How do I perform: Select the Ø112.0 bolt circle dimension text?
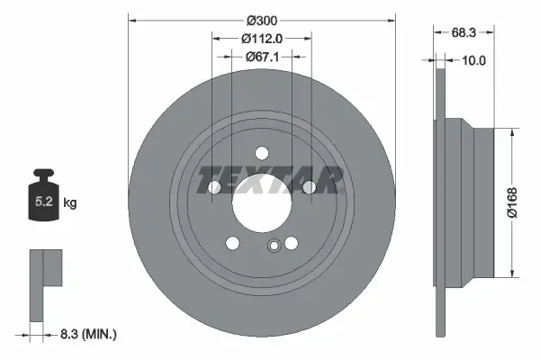click(x=262, y=38)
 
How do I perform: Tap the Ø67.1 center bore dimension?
click(x=262, y=56)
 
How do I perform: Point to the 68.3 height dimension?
click(x=463, y=31)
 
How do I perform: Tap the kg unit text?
click(x=70, y=204)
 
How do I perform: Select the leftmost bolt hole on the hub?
click(x=214, y=187)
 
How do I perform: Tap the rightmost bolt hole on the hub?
click(x=308, y=186)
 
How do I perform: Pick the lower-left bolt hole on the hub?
click(x=232, y=243)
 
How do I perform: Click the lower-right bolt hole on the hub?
click(x=291, y=243)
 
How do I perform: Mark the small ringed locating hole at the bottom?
click(x=274, y=246)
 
